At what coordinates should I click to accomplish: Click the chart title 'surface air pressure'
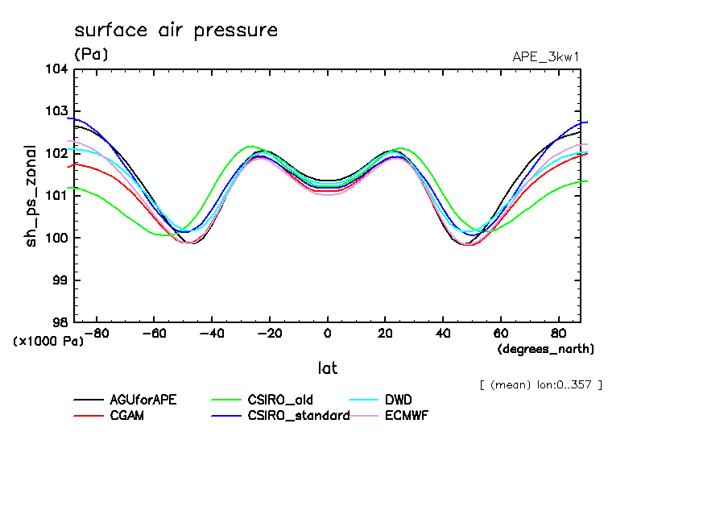pyautogui.click(x=176, y=31)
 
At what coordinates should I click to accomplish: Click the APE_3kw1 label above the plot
pyautogui.click(x=546, y=56)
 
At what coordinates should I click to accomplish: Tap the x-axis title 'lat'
pyautogui.click(x=327, y=368)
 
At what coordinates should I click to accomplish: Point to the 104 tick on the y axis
pyautogui.click(x=56, y=68)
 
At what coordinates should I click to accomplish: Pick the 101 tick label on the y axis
pyautogui.click(x=56, y=195)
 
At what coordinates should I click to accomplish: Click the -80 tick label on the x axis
pyautogui.click(x=96, y=333)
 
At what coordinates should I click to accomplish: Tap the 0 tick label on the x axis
pyautogui.click(x=327, y=333)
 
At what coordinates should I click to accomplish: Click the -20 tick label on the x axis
pyautogui.click(x=269, y=333)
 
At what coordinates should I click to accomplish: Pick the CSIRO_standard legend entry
pyautogui.click(x=299, y=416)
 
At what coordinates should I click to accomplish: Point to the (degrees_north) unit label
pyautogui.click(x=546, y=349)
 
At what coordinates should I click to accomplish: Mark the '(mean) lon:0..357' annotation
pyautogui.click(x=540, y=384)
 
